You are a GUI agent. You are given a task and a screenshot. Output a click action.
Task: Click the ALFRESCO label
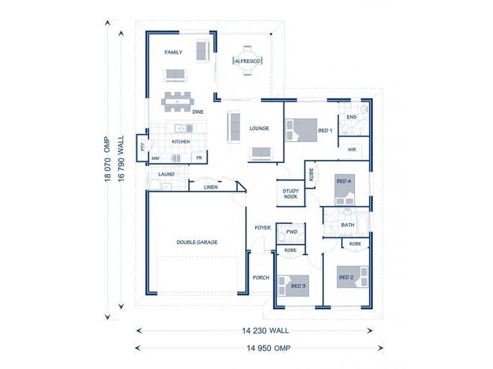[x=247, y=61]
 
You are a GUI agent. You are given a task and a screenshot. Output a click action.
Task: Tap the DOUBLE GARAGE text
[x=197, y=242]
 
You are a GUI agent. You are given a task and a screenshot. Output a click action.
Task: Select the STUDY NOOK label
[x=290, y=194]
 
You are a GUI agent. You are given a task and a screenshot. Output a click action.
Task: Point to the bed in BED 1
[x=301, y=130]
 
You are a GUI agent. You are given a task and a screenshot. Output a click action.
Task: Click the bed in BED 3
[x=293, y=286]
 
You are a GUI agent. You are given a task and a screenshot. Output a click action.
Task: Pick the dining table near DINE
[x=177, y=101]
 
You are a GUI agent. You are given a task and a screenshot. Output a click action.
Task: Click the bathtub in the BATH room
[x=363, y=224]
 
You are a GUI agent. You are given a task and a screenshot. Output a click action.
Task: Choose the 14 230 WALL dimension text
[x=266, y=330]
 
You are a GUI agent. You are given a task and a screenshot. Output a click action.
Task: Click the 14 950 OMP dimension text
[x=269, y=348]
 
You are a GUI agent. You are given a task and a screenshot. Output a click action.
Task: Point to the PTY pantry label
[x=142, y=146]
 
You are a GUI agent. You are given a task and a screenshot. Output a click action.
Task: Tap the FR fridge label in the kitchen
[x=199, y=158]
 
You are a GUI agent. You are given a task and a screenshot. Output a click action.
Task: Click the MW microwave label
[x=155, y=159]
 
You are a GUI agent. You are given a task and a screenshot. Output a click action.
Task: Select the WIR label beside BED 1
[x=352, y=149]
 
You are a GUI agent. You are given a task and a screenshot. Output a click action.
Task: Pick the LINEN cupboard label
[x=211, y=187]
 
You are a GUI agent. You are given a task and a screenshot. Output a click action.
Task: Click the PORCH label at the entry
[x=261, y=278]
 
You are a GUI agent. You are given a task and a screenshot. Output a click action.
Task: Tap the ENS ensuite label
[x=351, y=117]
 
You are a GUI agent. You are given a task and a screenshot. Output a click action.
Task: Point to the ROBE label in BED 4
[x=311, y=175]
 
